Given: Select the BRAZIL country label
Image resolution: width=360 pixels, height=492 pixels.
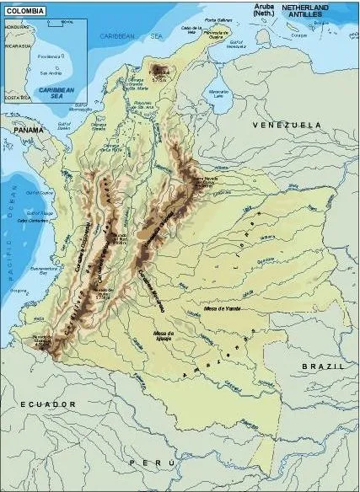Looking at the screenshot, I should click(324, 368).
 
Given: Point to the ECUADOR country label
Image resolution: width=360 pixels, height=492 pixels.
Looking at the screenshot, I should click(50, 404).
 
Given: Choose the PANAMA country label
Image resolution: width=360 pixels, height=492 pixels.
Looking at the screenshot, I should click(28, 131).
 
